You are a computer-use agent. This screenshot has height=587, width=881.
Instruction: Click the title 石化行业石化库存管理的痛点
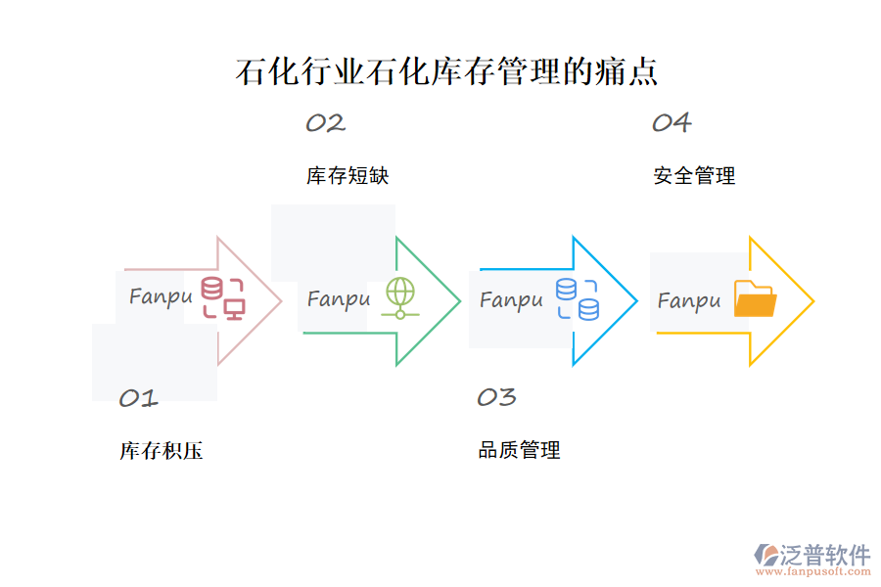[x=446, y=72]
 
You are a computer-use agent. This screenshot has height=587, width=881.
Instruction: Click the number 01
[x=138, y=398]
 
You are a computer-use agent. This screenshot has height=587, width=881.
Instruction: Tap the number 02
[x=325, y=123]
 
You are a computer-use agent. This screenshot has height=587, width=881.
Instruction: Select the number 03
[x=496, y=397]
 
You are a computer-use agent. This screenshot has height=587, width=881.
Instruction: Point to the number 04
[x=672, y=123]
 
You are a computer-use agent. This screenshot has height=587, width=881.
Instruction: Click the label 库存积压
[x=162, y=451]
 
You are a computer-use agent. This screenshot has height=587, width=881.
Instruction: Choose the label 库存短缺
[x=348, y=176]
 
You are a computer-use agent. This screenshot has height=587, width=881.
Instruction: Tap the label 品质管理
[x=519, y=450]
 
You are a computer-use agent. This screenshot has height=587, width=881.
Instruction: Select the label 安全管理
[x=694, y=176]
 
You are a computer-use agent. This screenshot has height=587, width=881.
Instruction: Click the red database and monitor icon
[x=223, y=297]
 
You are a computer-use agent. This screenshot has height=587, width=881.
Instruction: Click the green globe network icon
[x=400, y=297]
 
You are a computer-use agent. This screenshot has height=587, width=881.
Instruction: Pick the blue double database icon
[x=578, y=298]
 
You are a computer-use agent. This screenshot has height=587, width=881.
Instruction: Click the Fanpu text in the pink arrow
[x=161, y=295]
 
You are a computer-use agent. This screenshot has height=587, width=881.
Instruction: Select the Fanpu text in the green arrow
[x=339, y=298]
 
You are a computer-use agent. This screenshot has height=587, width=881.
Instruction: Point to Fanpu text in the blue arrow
[x=511, y=299]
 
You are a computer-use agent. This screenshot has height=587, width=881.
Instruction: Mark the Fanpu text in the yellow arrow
[x=688, y=300]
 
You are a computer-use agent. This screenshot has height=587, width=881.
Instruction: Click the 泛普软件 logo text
[x=824, y=556]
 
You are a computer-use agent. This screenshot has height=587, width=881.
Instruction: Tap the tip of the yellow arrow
[x=811, y=300]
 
